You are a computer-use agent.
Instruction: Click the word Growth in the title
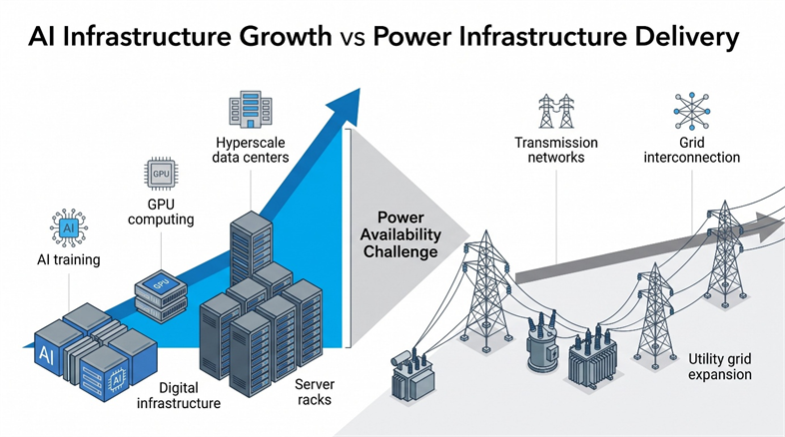pos(285,37)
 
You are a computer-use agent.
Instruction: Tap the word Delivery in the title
pos(684,38)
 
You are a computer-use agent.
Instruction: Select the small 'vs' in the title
pos(353,39)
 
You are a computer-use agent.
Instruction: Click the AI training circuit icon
pos(69,228)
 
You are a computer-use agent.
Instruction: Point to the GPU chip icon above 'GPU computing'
pos(161,174)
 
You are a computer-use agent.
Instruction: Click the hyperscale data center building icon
pos(251,109)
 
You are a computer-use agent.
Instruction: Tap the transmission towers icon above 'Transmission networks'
pos(556,111)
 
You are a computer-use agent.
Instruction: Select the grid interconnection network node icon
pos(691,111)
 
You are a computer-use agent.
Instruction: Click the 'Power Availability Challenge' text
pos(400,234)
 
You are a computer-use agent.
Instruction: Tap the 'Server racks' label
pos(315,392)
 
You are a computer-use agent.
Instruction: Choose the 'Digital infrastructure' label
pos(179,395)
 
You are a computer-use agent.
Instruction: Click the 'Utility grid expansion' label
pos(720,366)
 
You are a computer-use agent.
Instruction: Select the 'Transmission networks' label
pos(556,150)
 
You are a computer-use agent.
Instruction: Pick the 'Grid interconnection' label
pos(692,150)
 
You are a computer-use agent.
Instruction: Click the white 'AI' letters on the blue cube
pos(46,355)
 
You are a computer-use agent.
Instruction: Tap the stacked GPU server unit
pos(161,299)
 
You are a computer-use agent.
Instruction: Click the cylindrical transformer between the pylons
pos(542,342)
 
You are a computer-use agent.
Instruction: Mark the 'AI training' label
pos(69,260)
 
